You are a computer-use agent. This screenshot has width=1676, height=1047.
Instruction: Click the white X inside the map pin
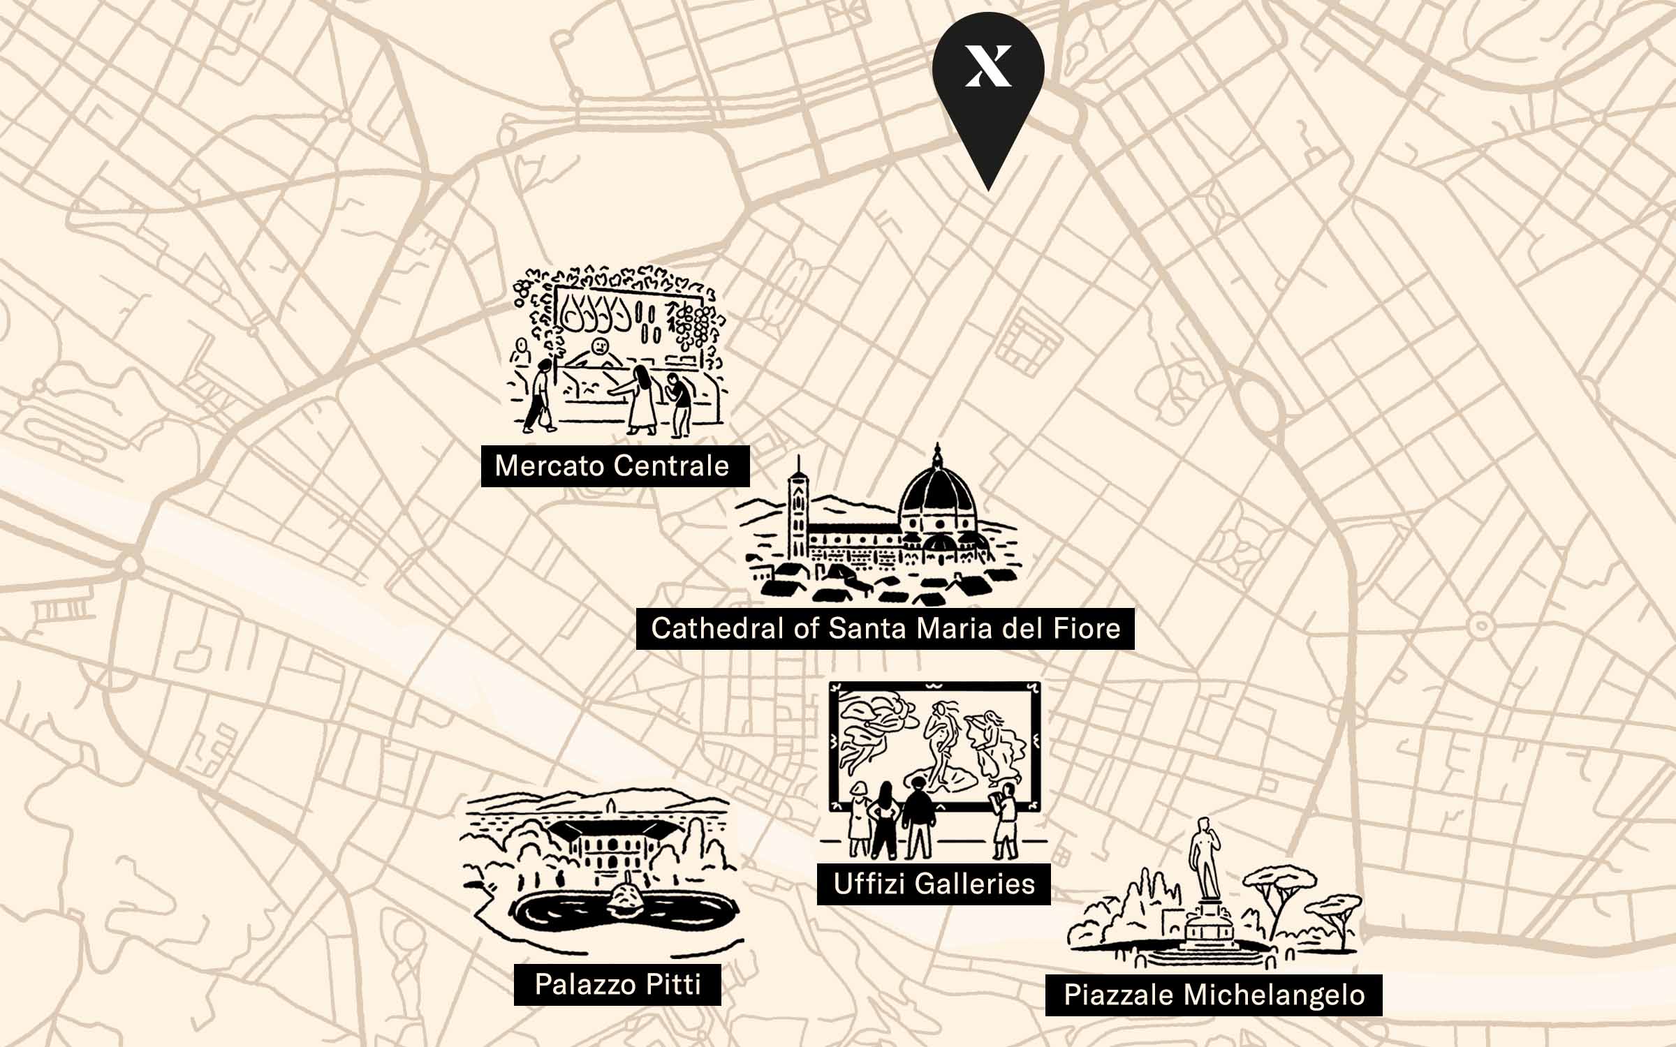coord(988,67)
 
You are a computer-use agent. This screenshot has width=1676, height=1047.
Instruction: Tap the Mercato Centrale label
coord(615,466)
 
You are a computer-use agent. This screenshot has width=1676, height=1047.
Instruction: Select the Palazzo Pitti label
coord(617,984)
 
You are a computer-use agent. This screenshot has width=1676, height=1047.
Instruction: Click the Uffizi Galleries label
coord(934,884)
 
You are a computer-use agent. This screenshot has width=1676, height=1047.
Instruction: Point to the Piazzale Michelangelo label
coord(1214,995)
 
